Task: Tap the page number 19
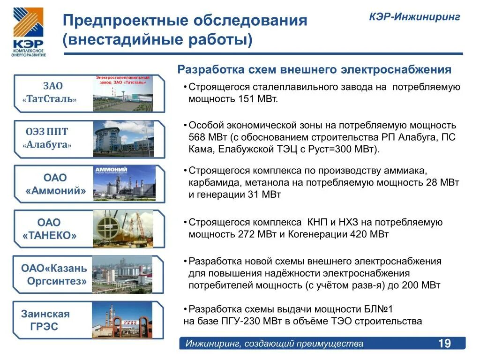[x=444, y=344]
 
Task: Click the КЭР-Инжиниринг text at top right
[x=414, y=17]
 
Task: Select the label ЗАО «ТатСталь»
[x=53, y=93]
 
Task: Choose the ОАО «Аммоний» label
[x=55, y=184]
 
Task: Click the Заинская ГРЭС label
[x=45, y=320]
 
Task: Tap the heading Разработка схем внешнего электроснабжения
[x=314, y=70]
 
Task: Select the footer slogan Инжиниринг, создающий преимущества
[x=274, y=344]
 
